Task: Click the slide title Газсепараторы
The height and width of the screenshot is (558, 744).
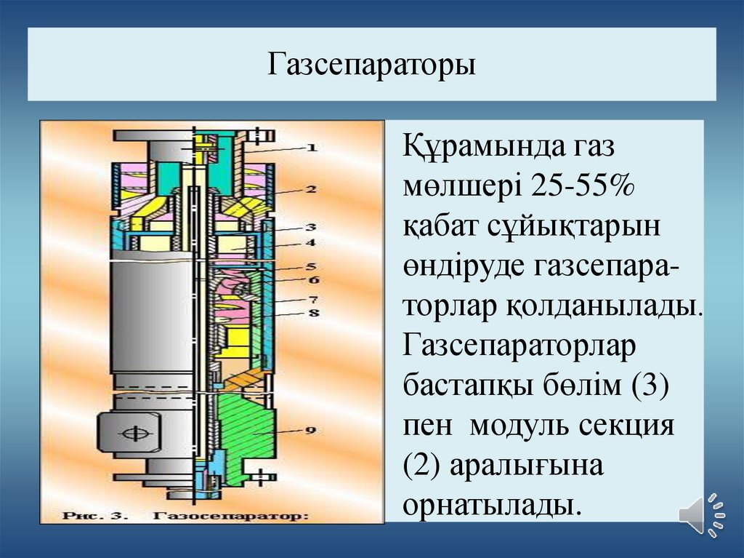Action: pyautogui.click(x=371, y=65)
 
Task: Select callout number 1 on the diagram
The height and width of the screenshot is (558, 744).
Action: pyautogui.click(x=311, y=148)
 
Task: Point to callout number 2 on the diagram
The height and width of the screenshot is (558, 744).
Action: pyautogui.click(x=310, y=190)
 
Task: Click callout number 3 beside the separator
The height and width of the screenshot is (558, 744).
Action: pyautogui.click(x=310, y=228)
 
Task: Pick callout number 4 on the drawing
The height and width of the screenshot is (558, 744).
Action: pyautogui.click(x=310, y=242)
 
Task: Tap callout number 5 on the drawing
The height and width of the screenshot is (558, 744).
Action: pyautogui.click(x=310, y=266)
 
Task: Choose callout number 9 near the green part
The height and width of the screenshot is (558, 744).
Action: pyautogui.click(x=310, y=430)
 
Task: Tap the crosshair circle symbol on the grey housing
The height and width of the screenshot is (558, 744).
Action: pyautogui.click(x=135, y=433)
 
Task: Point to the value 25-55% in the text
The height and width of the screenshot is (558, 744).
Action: pyautogui.click(x=583, y=186)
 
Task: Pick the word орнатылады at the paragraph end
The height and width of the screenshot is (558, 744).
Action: pyautogui.click(x=493, y=504)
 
